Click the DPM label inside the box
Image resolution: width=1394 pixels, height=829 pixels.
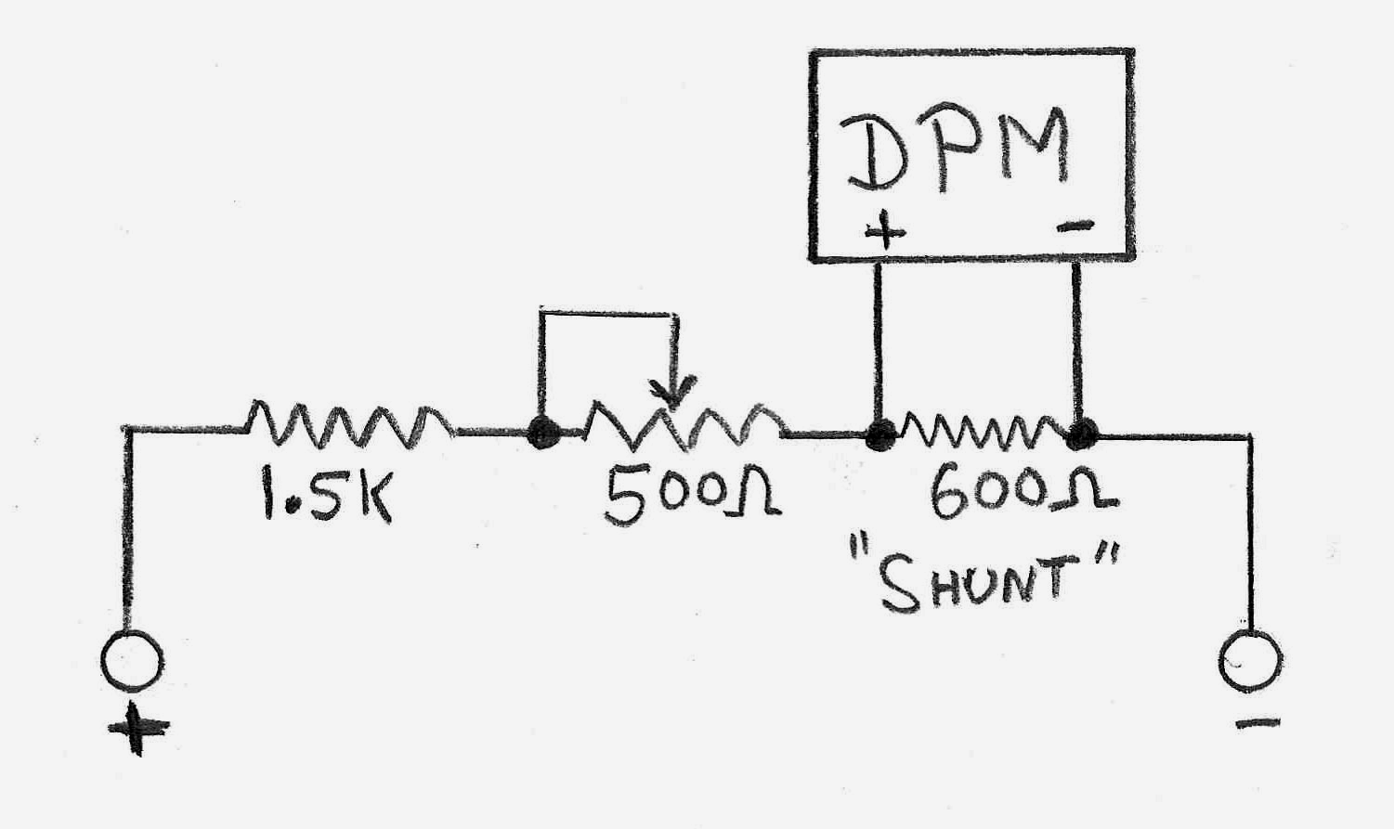[954, 151]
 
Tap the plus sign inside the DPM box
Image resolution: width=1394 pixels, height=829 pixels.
[884, 233]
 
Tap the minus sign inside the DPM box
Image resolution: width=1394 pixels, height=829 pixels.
[1075, 227]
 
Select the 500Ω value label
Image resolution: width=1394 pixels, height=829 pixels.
[693, 496]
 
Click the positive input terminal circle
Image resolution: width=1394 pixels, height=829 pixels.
[132, 660]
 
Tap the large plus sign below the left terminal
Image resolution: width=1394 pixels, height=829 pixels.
[138, 728]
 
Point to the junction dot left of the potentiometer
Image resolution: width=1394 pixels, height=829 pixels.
[543, 432]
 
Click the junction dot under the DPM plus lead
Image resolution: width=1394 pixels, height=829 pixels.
[880, 434]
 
